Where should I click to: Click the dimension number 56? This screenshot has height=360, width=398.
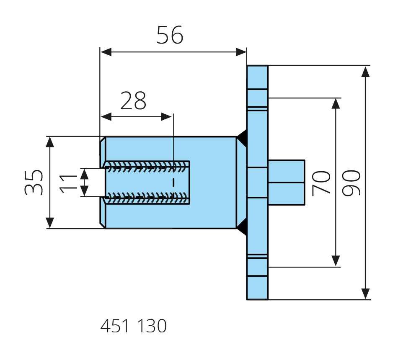point(170,35)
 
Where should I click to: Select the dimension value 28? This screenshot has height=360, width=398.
point(133,100)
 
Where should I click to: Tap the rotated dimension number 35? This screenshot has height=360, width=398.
point(34,182)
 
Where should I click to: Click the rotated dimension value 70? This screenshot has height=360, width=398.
point(322,183)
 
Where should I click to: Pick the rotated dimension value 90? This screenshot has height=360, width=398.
point(351,183)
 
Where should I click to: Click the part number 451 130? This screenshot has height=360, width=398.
point(133,326)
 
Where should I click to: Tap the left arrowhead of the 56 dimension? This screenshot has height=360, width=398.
point(105,52)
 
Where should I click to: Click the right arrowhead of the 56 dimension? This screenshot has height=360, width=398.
point(241,52)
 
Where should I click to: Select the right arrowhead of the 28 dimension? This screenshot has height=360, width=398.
point(168,116)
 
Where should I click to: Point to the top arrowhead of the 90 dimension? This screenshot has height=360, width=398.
point(365,71)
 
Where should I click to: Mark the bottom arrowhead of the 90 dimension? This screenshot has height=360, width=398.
point(365,293)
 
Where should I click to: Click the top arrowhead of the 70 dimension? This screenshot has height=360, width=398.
point(336,103)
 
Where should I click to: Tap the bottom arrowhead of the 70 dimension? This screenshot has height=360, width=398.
point(336,261)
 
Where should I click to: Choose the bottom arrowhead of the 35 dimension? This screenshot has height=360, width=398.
point(50,223)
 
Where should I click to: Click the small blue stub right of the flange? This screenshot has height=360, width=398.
point(286,182)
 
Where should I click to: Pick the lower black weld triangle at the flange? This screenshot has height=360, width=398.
point(242,229)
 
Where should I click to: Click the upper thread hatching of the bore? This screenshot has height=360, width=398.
point(147,166)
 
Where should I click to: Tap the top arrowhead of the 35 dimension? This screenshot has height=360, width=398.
point(50,142)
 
